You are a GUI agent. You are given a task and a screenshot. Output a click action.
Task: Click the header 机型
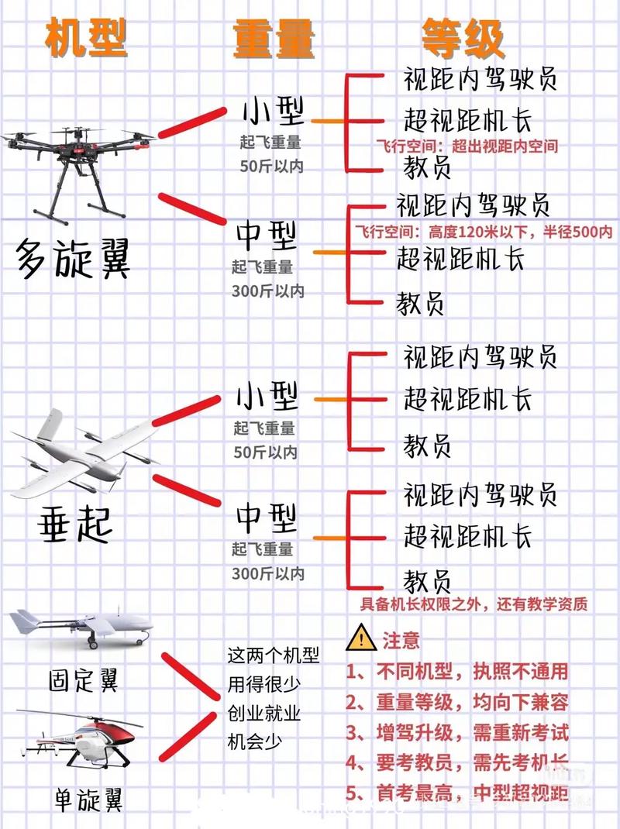pos(87,37)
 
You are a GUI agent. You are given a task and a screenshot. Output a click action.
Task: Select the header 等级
pos(463,37)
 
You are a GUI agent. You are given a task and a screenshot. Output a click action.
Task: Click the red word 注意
pos(401,640)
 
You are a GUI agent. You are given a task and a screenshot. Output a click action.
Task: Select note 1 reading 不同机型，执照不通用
pos(457,671)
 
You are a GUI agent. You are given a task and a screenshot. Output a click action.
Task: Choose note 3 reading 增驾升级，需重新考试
pos(457,732)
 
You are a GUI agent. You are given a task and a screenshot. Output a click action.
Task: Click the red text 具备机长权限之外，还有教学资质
pos(473,604)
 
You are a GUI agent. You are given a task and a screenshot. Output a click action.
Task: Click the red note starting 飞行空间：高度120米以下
pos(484,232)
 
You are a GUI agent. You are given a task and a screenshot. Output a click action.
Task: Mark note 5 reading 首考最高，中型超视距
pos(457,793)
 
